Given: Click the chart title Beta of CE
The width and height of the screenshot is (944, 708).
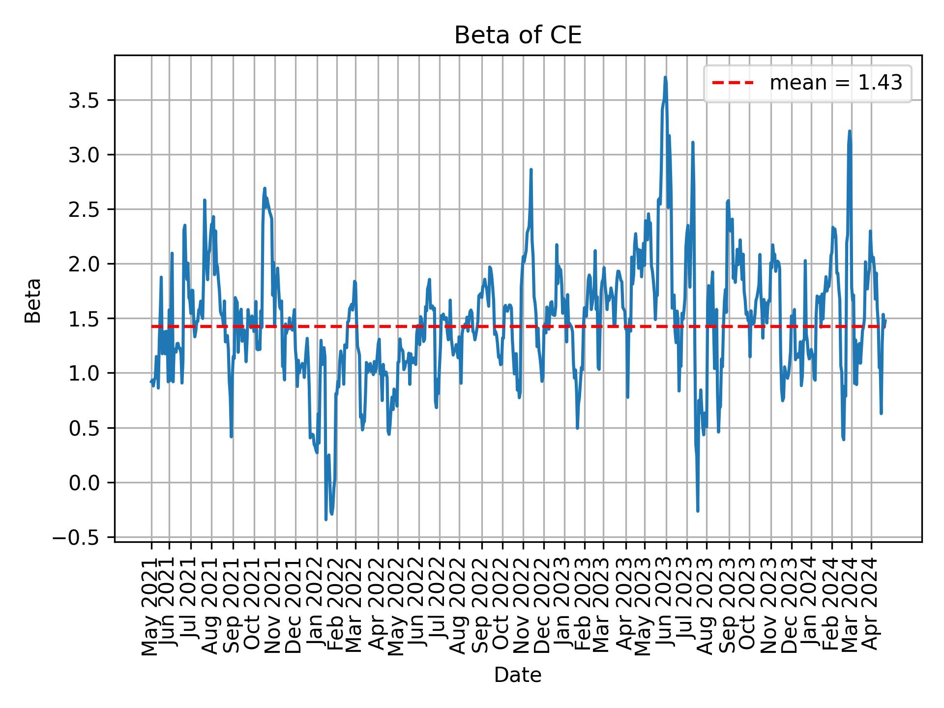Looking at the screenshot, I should [x=518, y=35].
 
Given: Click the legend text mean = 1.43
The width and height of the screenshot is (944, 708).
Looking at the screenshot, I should [x=836, y=83].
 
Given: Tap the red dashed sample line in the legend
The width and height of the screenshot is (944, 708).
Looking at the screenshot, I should [x=733, y=83].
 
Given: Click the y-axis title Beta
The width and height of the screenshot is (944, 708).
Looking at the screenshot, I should [x=33, y=300].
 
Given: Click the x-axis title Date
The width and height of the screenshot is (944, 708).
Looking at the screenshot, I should [x=518, y=676].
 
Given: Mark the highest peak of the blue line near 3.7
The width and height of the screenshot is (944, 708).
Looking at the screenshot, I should [x=665, y=77].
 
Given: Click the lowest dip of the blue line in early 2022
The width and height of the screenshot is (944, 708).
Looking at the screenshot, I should [x=326, y=519].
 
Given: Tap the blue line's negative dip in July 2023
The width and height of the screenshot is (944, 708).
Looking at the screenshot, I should [x=698, y=511].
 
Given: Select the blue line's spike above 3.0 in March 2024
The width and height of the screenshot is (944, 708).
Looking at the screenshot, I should [x=850, y=131].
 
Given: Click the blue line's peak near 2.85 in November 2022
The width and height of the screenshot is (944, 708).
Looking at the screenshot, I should [x=531, y=170].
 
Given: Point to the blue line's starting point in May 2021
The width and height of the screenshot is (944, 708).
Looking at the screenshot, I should [x=151, y=382].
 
